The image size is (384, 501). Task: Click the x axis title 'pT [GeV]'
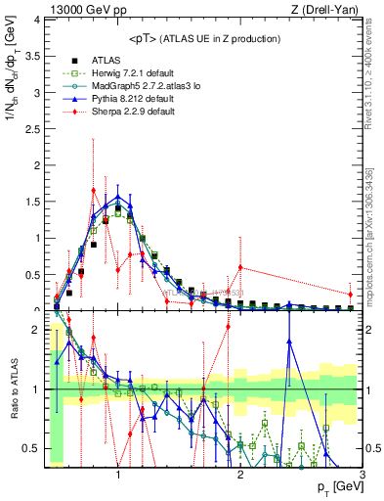click(336, 486)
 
